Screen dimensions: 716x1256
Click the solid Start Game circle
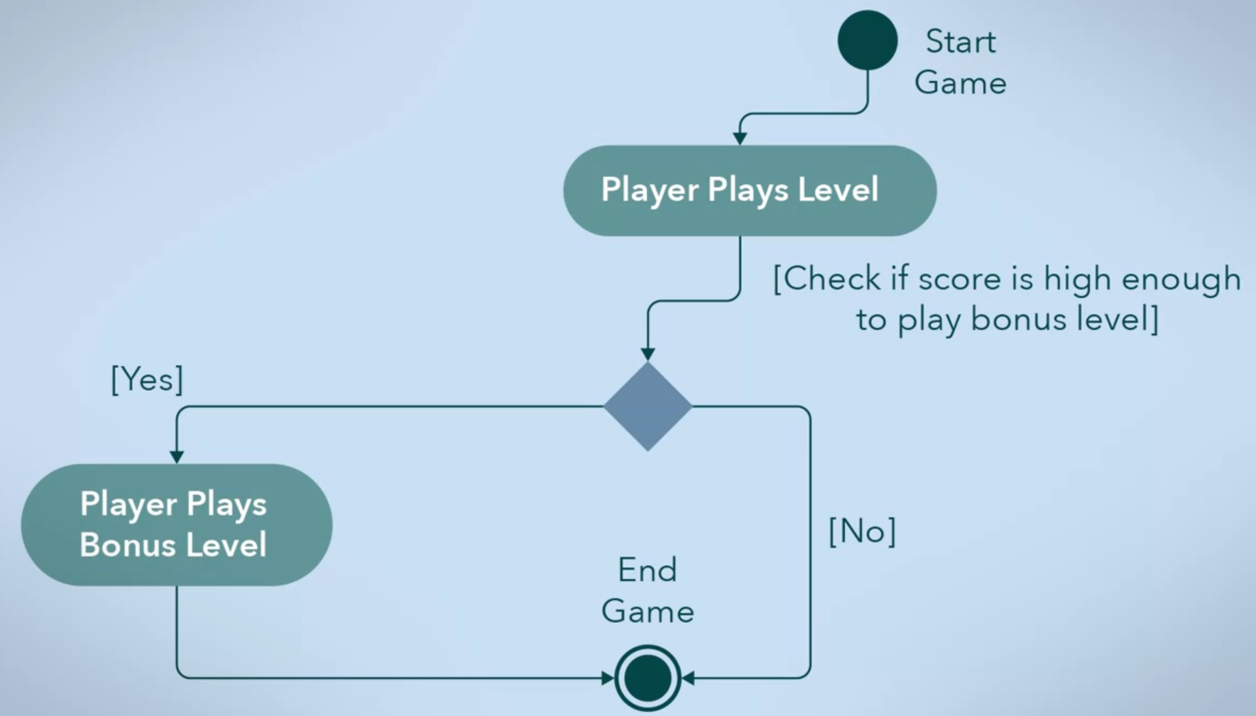coord(867,40)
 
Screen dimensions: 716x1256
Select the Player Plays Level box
coord(750,190)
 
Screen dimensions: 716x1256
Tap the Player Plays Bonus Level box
coord(176,524)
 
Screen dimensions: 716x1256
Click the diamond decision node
coord(648,407)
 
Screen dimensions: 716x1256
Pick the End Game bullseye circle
coord(648,678)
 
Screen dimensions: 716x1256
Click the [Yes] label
coord(147,380)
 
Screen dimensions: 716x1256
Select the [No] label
coord(862,531)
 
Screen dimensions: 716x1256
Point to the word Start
coord(961,42)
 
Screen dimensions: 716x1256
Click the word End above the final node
coord(647,570)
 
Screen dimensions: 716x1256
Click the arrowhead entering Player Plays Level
coord(740,138)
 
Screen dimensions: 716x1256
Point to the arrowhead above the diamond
coord(648,353)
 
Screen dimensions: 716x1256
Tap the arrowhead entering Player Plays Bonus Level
coord(177,457)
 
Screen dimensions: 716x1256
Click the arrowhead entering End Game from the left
coord(608,678)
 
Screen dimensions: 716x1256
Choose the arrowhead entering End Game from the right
coord(687,678)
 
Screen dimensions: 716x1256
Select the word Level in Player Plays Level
coord(838,189)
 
